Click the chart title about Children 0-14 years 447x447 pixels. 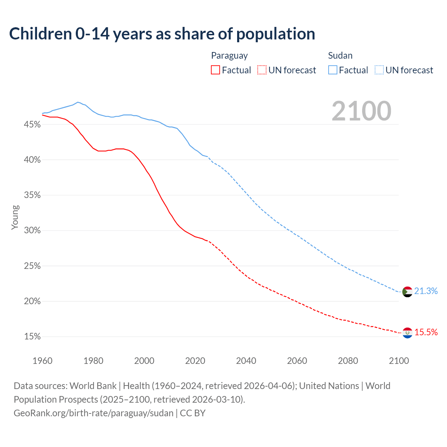point(162,34)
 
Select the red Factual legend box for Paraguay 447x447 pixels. point(215,70)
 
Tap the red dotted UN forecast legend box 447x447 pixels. point(262,70)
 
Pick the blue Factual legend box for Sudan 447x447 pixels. point(333,70)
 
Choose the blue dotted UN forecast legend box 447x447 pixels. point(379,70)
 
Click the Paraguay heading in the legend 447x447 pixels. point(229,56)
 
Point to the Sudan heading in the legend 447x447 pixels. point(340,56)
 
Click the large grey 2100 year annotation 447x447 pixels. point(361,111)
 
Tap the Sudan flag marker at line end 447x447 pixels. point(407,292)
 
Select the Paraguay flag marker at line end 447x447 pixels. point(407,333)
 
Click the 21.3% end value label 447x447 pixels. point(426,291)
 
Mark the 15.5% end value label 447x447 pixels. point(426,332)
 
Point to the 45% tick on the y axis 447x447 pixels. point(32,125)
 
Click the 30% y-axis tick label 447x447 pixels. point(32,230)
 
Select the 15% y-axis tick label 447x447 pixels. point(32,337)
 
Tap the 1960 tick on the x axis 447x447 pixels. point(42,361)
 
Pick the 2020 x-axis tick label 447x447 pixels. point(195,361)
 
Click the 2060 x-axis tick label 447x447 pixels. point(297,361)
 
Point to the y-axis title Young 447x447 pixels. point(15,217)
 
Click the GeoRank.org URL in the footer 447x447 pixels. point(94,413)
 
